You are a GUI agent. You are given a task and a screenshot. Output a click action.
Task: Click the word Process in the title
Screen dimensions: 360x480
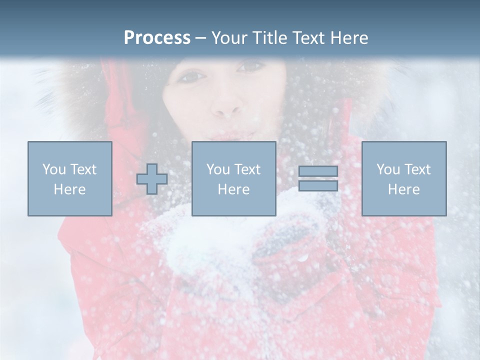(157, 38)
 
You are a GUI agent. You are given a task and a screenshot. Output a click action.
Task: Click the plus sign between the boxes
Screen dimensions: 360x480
(152, 179)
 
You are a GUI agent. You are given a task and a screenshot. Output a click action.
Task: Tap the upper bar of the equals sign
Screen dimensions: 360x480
(318, 171)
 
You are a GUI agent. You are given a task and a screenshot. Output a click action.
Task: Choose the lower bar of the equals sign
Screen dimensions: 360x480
(318, 185)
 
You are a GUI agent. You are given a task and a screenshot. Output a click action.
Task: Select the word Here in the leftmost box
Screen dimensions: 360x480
(69, 189)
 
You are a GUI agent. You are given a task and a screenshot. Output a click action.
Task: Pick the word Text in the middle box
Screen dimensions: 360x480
(247, 169)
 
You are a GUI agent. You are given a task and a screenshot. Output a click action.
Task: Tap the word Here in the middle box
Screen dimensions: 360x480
(233, 189)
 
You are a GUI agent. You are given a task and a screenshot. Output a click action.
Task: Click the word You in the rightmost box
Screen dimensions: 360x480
(388, 169)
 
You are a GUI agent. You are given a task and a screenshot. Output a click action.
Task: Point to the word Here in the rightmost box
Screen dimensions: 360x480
(403, 189)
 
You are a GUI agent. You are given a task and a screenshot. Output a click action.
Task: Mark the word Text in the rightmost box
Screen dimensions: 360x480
(417, 169)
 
